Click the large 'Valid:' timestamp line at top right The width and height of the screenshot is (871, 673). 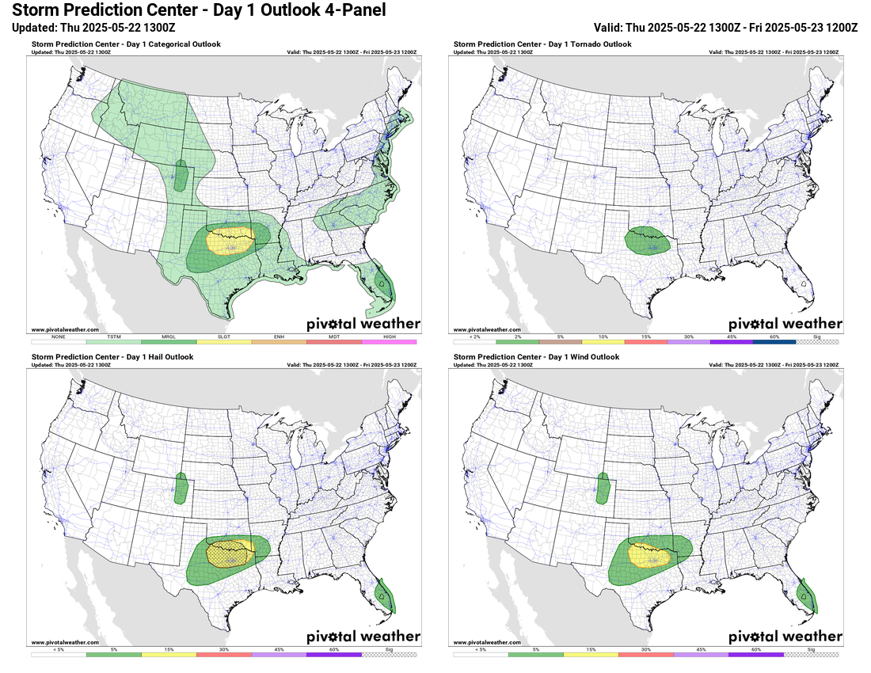[725, 27]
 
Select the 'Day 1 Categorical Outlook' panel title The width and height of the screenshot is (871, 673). [126, 44]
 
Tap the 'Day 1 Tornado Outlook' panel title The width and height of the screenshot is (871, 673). [542, 44]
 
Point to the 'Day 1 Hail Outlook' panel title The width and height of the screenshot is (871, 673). [112, 357]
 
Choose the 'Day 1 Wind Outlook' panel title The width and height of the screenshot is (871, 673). [534, 357]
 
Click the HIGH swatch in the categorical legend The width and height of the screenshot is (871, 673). [389, 341]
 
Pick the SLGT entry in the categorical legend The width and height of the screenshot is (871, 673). [223, 341]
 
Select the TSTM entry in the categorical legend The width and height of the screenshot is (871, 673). [113, 341]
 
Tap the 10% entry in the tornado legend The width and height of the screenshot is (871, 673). [603, 341]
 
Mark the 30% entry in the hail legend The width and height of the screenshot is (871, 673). [223, 654]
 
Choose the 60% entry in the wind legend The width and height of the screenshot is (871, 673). [755, 654]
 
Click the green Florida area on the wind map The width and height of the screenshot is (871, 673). [808, 596]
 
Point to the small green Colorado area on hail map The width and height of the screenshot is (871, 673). [181, 489]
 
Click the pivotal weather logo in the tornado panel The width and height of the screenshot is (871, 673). [785, 324]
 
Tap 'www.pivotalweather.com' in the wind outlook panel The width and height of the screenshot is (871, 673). [487, 642]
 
